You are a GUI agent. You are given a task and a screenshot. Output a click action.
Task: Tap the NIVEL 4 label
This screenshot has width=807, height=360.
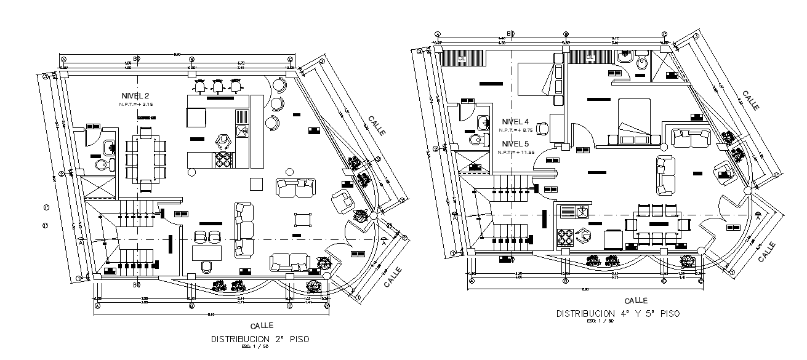[x=515, y=121]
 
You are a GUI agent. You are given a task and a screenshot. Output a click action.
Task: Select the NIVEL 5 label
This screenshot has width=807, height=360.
[x=515, y=143]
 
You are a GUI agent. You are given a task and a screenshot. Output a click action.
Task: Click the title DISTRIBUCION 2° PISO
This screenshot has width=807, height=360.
[x=260, y=339]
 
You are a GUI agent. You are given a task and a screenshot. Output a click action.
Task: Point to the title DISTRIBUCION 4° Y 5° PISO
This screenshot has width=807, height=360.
[x=618, y=313]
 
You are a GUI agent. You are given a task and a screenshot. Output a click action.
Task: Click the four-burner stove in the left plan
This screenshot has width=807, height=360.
[x=223, y=159]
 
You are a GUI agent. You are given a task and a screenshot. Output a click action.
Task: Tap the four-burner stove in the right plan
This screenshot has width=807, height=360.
[x=566, y=237]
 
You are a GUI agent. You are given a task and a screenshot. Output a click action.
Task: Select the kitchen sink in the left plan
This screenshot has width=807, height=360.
[x=242, y=130]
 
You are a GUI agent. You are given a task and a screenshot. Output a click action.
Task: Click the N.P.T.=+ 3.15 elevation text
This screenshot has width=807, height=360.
[x=135, y=105]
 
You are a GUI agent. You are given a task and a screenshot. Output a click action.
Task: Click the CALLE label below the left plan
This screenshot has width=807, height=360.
[x=262, y=325]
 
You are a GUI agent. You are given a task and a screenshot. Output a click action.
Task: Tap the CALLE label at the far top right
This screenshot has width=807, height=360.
[x=750, y=100]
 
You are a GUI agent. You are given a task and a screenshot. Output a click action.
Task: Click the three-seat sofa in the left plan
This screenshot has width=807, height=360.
[x=244, y=230]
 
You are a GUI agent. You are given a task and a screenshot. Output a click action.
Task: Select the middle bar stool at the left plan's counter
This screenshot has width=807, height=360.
[x=217, y=86]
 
